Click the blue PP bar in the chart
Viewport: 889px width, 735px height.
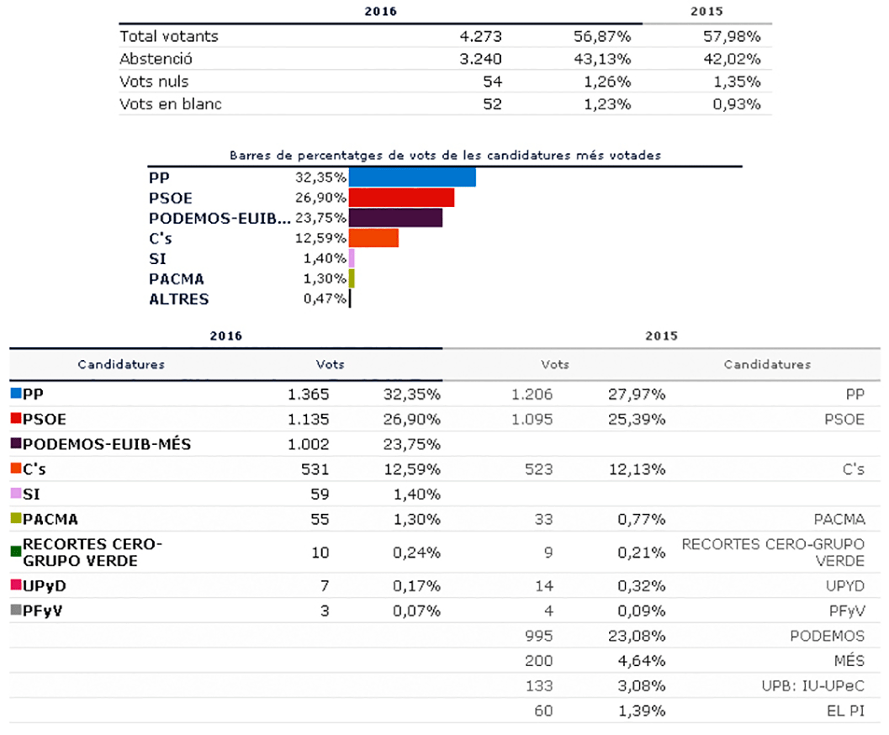point(412,177)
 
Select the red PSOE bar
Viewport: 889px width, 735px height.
point(401,198)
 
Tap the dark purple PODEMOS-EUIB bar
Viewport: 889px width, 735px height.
point(395,218)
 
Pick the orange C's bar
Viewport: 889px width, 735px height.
point(373,238)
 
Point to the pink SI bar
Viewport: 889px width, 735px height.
point(352,258)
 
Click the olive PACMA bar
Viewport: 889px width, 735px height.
point(352,279)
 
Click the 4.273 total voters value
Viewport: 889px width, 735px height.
point(480,37)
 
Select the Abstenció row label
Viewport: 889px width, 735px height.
point(156,59)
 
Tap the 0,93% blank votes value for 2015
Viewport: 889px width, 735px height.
point(737,104)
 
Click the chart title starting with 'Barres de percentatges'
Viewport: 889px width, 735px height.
point(445,156)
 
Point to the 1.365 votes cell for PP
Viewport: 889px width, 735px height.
point(308,394)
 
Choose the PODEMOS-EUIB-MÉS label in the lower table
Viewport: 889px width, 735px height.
point(107,444)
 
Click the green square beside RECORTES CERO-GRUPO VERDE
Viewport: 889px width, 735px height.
point(16,552)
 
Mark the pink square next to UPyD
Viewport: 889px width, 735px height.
point(16,584)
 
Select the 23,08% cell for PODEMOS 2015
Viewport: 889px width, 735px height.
point(637,637)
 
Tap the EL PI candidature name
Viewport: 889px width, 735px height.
point(845,711)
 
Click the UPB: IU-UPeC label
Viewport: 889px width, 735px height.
point(813,686)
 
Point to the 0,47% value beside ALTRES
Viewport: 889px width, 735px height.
point(325,299)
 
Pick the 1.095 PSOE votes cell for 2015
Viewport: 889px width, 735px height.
point(532,420)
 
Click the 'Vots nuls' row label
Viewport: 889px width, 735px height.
point(154,82)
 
